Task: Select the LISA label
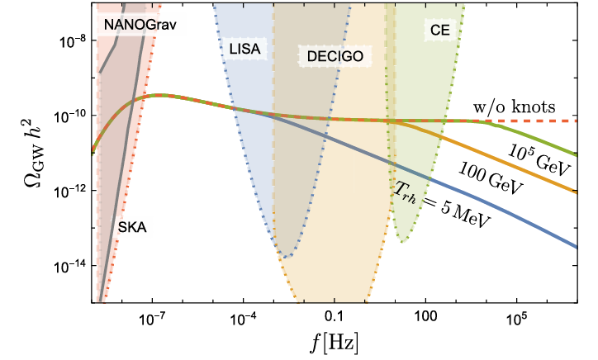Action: tap(244, 48)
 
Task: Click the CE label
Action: tap(439, 30)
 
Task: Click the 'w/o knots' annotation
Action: tap(513, 107)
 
